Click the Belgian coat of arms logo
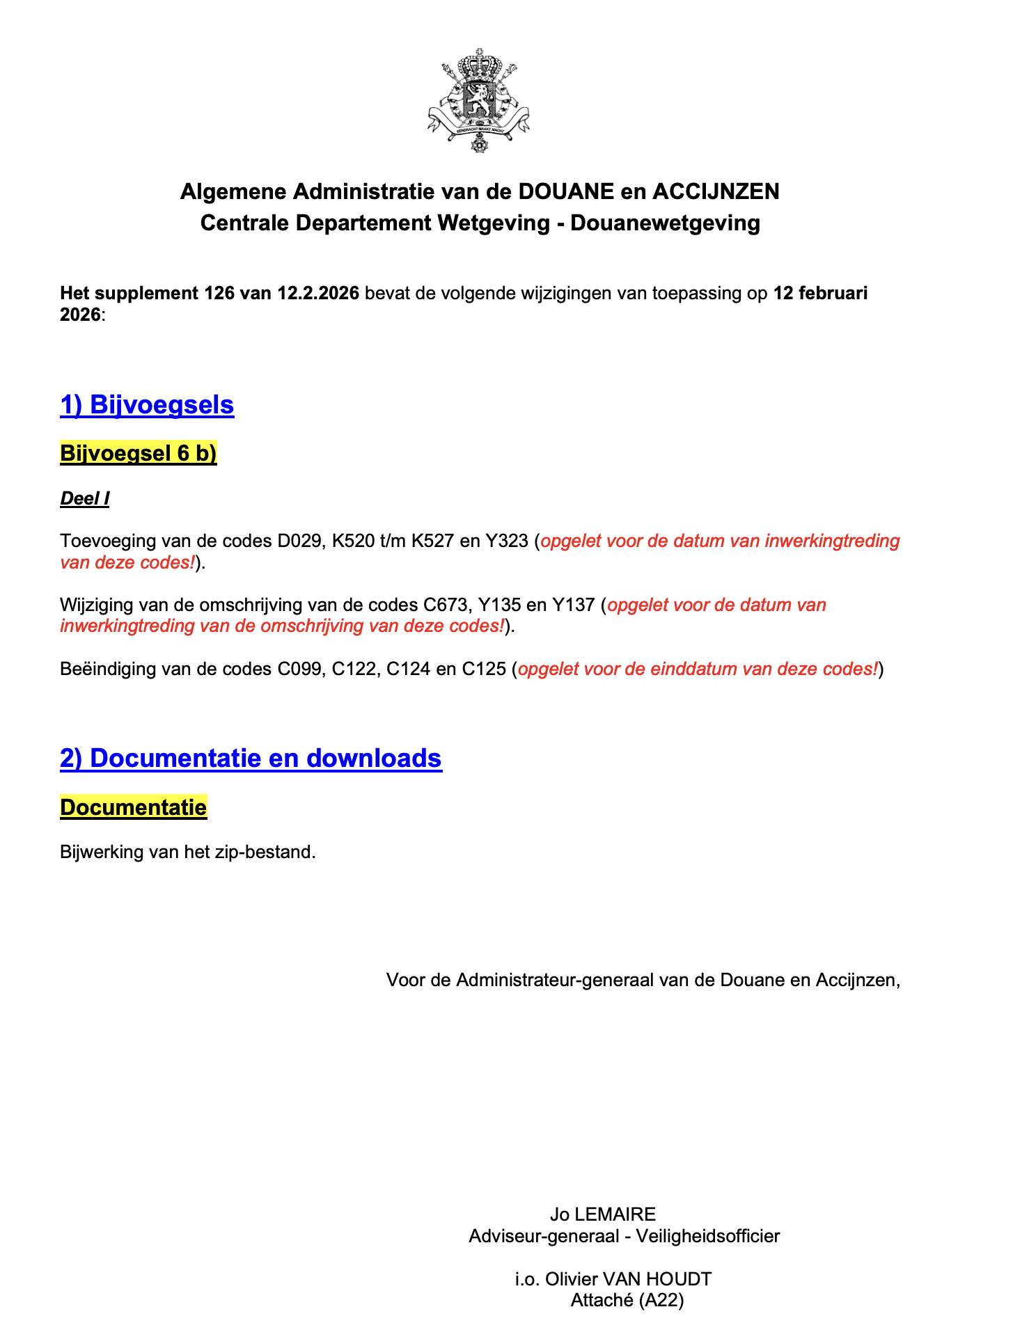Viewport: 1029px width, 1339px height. click(478, 100)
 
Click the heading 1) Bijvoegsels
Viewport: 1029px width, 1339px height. click(147, 404)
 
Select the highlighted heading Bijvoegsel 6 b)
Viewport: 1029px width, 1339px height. click(139, 453)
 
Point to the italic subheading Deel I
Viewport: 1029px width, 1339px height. click(85, 498)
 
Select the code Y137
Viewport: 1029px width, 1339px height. click(573, 605)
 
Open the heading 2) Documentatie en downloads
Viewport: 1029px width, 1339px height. click(251, 758)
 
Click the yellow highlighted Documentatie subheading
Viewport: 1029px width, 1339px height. click(134, 807)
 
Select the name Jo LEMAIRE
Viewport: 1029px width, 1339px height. click(603, 1214)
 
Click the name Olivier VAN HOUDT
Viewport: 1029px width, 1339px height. click(628, 1278)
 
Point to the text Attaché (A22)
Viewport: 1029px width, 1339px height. click(627, 1300)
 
